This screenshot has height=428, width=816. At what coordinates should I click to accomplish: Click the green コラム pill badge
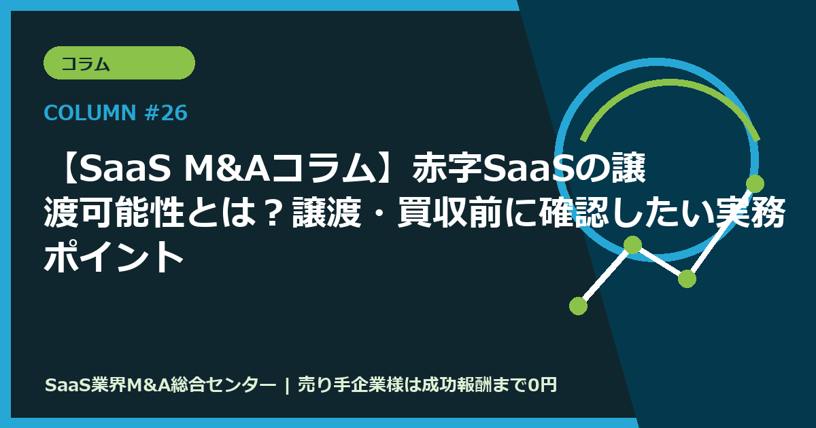click(119, 63)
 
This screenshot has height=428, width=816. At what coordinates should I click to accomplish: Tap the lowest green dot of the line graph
click(578, 306)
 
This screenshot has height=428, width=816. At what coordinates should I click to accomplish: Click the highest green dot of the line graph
click(755, 183)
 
